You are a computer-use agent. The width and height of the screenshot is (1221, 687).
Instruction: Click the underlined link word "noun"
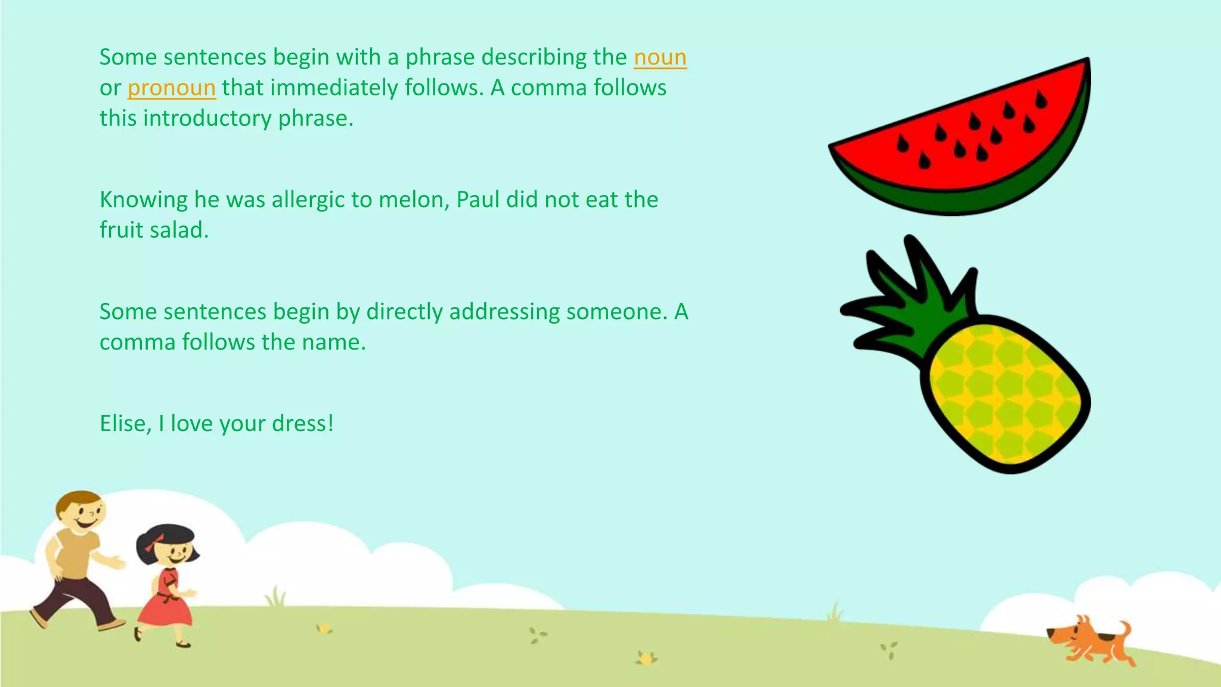point(660,57)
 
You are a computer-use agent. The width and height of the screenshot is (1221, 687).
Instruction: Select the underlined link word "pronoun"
point(171,88)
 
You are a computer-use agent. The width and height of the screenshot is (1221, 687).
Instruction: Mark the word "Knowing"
point(143,199)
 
